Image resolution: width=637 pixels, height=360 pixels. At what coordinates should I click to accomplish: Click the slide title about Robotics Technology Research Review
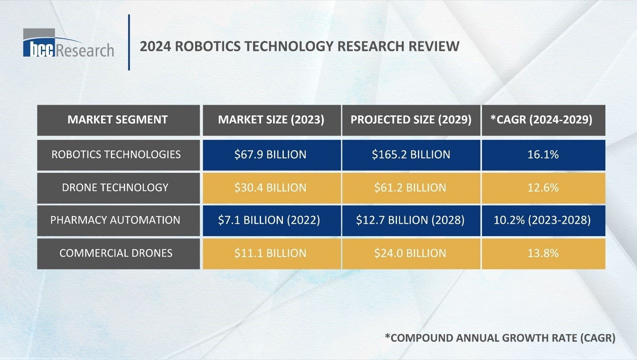(299, 46)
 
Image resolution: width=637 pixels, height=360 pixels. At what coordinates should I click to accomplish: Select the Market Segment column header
(118, 120)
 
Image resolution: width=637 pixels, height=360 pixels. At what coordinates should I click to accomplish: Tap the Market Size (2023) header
(272, 120)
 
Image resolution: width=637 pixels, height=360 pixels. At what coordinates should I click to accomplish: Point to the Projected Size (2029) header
(411, 120)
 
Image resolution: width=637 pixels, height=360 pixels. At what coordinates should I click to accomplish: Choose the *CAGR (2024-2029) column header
(543, 120)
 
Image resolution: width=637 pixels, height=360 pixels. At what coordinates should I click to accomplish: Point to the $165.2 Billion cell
(411, 155)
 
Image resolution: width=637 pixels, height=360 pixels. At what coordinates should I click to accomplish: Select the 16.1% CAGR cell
(543, 155)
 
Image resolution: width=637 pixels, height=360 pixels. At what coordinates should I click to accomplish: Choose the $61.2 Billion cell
(411, 188)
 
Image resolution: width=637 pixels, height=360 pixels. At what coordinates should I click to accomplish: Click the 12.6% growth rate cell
(543, 188)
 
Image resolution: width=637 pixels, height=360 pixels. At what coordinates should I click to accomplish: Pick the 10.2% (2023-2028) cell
(543, 220)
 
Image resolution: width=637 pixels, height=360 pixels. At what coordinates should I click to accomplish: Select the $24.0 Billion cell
(411, 253)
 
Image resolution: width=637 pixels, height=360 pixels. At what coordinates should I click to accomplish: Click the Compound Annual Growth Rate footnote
(500, 338)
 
